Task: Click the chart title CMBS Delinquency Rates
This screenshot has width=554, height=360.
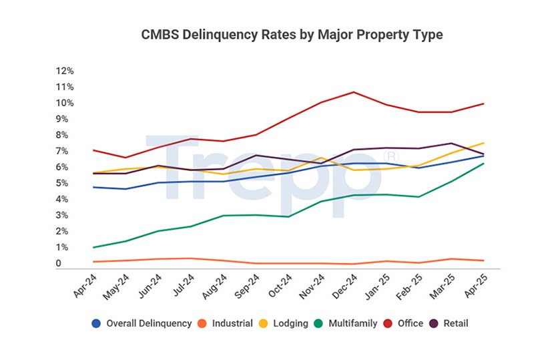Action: click(292, 34)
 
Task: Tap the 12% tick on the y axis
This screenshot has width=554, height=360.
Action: click(65, 71)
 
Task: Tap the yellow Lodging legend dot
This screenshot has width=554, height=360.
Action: click(263, 323)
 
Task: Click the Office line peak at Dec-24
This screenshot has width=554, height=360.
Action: click(354, 92)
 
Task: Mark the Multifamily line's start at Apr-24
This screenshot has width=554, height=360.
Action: click(93, 247)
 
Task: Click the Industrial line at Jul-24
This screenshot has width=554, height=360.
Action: click(192, 258)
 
